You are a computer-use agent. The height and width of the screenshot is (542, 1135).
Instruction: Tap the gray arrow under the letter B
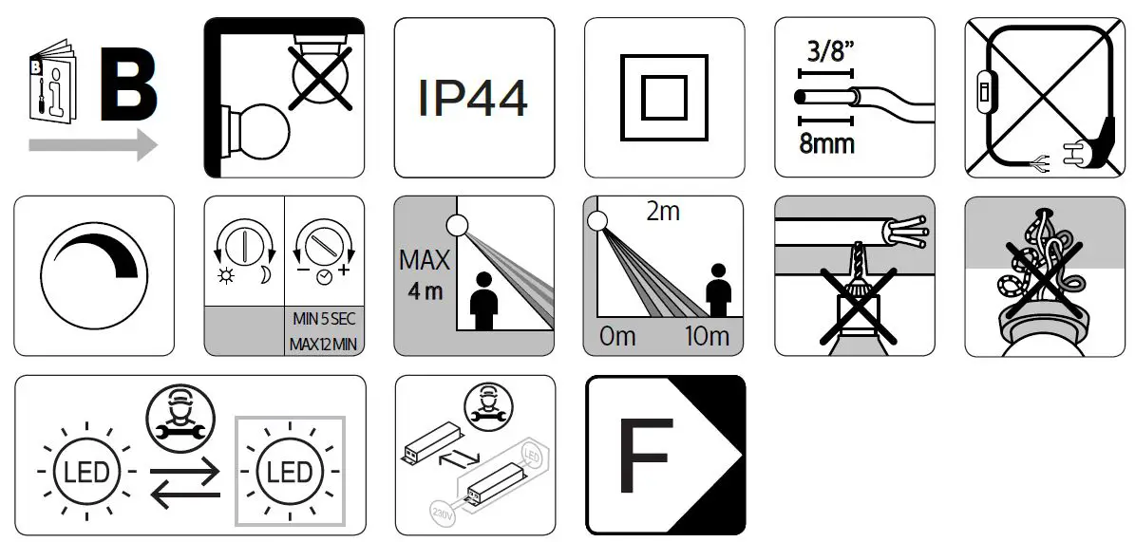tap(92, 145)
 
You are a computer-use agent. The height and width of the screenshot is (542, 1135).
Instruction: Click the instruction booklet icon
tap(50, 82)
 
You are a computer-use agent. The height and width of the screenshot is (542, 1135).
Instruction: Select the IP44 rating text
tap(473, 99)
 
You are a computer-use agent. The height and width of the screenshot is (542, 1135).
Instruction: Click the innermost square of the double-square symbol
tap(663, 98)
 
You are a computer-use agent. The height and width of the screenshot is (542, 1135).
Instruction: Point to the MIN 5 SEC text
tap(324, 318)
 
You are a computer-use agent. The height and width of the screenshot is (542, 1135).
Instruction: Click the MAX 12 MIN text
tap(324, 342)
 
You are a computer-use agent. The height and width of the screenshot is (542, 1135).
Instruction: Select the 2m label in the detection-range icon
tap(662, 213)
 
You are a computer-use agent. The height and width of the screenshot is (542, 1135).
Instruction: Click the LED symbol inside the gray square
tap(290, 472)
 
